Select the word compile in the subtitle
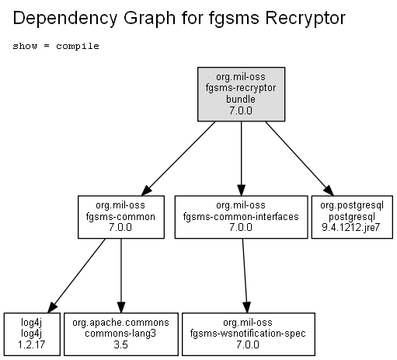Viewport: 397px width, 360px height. pyautogui.click(x=78, y=46)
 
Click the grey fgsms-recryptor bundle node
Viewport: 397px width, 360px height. pyautogui.click(x=242, y=94)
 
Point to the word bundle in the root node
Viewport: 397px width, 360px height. pyautogui.click(x=241, y=100)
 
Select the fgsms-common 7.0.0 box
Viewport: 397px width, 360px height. pyautogui.click(x=121, y=217)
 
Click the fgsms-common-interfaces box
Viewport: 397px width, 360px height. pyautogui.click(x=242, y=217)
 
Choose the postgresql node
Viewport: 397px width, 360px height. pyautogui.click(x=352, y=217)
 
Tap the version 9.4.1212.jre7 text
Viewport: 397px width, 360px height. pyautogui.click(x=351, y=228)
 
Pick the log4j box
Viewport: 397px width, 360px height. pyautogui.click(x=32, y=334)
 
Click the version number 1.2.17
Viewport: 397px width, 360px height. pyautogui.click(x=31, y=345)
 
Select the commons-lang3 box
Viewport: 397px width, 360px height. pyautogui.click(x=121, y=334)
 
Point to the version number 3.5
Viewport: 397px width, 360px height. pyautogui.click(x=120, y=345)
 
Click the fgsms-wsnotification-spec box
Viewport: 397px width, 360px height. pyautogui.click(x=249, y=334)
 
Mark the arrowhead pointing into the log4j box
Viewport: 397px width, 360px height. pyautogui.click(x=52, y=307)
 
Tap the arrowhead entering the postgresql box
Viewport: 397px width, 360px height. pyautogui.click(x=329, y=190)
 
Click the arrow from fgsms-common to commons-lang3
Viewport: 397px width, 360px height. pyautogui.click(x=121, y=276)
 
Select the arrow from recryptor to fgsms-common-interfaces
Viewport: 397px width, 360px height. pyautogui.click(x=242, y=159)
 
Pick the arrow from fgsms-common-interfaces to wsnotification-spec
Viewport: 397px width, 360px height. pyautogui.click(x=245, y=276)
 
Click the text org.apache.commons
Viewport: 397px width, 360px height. pyautogui.click(x=120, y=323)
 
